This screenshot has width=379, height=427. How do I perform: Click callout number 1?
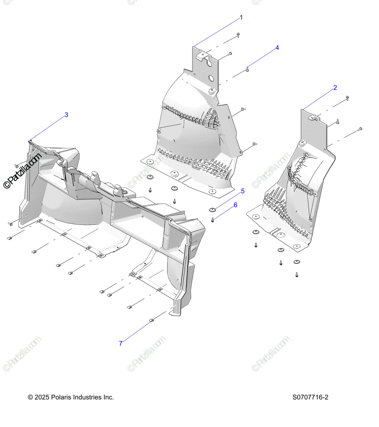coord(241,17)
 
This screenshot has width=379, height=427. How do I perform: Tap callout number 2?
coord(335,88)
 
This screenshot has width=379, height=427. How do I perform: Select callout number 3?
coord(66,115)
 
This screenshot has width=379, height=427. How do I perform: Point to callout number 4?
coord(277,48)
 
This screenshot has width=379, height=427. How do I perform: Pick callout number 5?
coord(243,191)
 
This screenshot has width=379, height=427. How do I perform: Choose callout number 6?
coord(235,205)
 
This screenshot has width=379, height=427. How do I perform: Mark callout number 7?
coord(121,343)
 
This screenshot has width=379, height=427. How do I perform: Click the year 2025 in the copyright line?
coord(42,397)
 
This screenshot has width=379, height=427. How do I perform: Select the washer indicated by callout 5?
coord(212,209)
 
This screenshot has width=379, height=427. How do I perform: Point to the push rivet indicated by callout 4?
coord(247,69)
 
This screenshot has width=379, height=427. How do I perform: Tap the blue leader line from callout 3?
coord(48,127)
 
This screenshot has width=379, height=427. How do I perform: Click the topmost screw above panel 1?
coord(238,35)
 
